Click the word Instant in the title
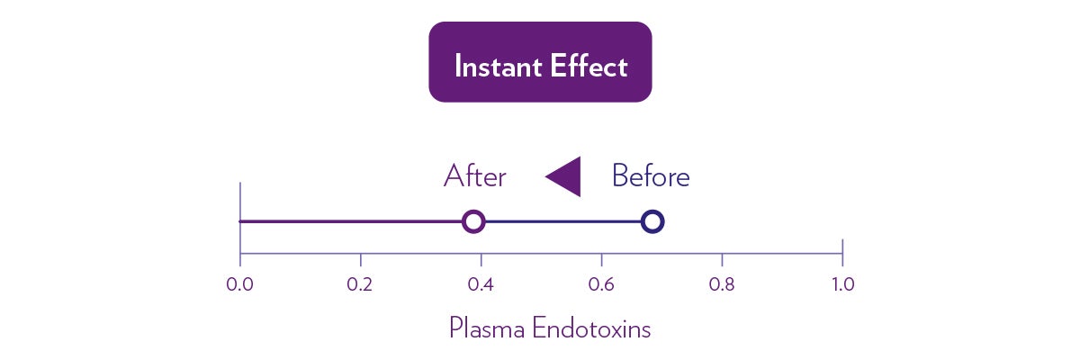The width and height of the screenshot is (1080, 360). [498, 66]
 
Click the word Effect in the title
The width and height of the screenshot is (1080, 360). [589, 66]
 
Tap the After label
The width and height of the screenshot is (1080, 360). [475, 175]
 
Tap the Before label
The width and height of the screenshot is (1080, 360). [651, 175]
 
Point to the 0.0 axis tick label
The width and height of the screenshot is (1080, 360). [239, 284]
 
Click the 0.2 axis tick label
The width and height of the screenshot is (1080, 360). [360, 284]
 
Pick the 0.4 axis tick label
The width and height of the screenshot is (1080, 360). [481, 284]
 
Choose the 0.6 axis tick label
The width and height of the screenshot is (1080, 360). [601, 284]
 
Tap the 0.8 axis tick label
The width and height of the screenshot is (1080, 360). [722, 284]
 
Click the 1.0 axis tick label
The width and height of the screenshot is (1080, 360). [842, 284]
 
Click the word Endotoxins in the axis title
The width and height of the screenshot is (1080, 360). [591, 328]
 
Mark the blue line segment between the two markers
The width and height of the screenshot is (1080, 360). [563, 221]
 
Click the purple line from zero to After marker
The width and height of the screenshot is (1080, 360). [351, 221]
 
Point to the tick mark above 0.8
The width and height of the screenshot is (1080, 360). [722, 260]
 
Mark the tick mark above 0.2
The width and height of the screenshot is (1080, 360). [361, 260]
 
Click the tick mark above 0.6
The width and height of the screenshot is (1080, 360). [601, 260]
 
